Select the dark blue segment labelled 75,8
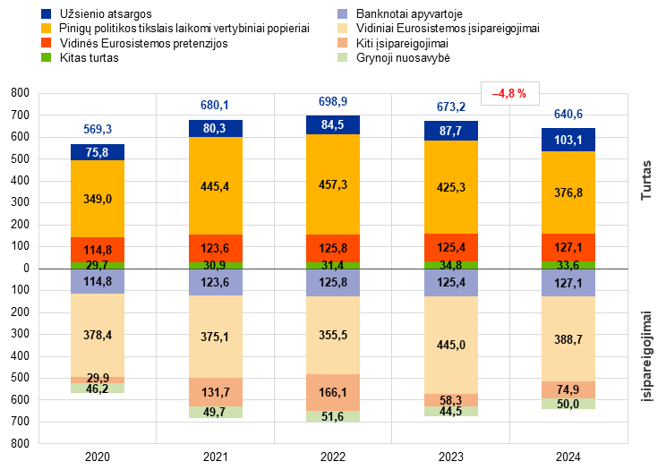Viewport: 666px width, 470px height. (x=98, y=152)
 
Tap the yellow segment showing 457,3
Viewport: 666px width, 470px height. (x=333, y=184)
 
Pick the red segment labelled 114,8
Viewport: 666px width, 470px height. (x=98, y=250)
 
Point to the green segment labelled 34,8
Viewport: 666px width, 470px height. (x=451, y=265)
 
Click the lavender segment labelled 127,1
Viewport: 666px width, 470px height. (x=568, y=283)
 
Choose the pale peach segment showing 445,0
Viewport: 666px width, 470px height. (x=451, y=346)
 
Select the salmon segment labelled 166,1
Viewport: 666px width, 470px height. (x=333, y=392)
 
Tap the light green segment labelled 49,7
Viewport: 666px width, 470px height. (x=216, y=412)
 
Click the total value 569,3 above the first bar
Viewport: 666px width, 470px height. (x=98, y=130)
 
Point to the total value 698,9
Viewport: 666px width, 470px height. (x=333, y=101)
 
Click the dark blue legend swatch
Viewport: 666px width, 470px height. (x=47, y=14)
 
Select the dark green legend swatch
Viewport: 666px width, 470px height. (x=47, y=57)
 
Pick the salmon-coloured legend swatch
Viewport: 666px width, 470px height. (x=343, y=43)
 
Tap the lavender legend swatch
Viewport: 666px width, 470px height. (x=343, y=14)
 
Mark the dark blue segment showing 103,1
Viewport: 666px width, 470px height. (x=568, y=140)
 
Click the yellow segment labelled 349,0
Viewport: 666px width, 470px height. (x=98, y=199)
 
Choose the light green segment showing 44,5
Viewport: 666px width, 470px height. (x=451, y=411)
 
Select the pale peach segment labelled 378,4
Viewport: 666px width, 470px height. (x=98, y=335)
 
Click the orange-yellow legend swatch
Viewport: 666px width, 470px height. (x=47, y=29)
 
